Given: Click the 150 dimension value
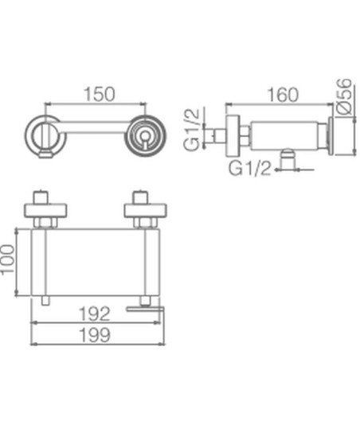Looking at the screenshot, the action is tap(100, 94).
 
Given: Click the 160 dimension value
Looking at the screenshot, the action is tap(283, 95).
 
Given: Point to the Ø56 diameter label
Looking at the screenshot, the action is tap(344, 97).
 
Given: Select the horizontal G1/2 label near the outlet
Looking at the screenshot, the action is tap(250, 168).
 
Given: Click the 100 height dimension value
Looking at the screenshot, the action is tap(7, 260).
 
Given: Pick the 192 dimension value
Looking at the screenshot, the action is tap(94, 314).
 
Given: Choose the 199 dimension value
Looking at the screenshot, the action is tap(95, 335).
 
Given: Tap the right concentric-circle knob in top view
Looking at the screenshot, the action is tap(146, 135).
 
